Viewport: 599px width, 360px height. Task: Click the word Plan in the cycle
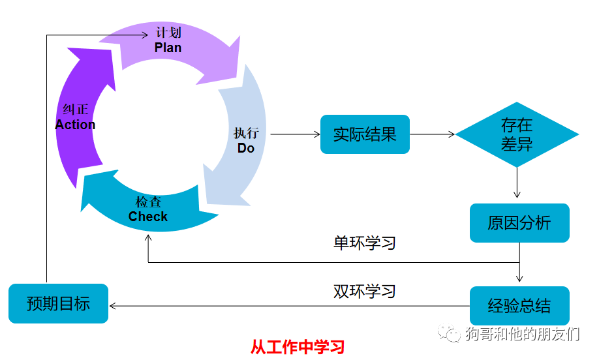pyautogui.click(x=168, y=48)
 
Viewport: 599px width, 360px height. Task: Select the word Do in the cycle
pyautogui.click(x=246, y=148)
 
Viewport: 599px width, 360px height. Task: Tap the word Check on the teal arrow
pyautogui.click(x=148, y=217)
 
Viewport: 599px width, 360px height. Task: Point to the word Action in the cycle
pyautogui.click(x=75, y=125)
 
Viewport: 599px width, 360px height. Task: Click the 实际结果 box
pyautogui.click(x=365, y=134)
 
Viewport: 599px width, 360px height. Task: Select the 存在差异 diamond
pyautogui.click(x=517, y=134)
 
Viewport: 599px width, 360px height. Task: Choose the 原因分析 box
pyautogui.click(x=519, y=223)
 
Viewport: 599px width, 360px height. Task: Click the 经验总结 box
pyautogui.click(x=519, y=305)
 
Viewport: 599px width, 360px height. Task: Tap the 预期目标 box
pyautogui.click(x=58, y=304)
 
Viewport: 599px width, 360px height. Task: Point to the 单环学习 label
pyautogui.click(x=365, y=243)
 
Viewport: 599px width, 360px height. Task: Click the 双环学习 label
pyautogui.click(x=365, y=291)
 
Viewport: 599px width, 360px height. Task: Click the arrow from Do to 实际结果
pyautogui.click(x=295, y=134)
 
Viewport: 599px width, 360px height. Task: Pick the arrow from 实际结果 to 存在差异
pyautogui.click(x=432, y=134)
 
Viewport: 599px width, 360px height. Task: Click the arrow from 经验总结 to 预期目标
pyautogui.click(x=287, y=305)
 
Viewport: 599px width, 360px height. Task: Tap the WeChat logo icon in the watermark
pyautogui.click(x=449, y=334)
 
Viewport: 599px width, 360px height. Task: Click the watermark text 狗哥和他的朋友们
pyautogui.click(x=522, y=335)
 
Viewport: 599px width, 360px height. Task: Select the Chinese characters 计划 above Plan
pyautogui.click(x=168, y=33)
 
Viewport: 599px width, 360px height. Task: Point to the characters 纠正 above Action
pyautogui.click(x=75, y=110)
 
